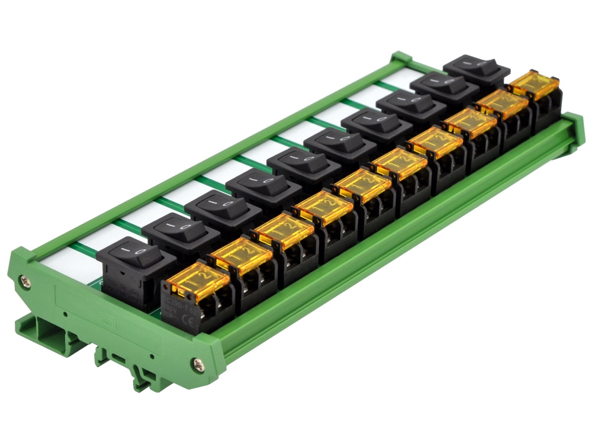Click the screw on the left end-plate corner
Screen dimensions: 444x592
24,281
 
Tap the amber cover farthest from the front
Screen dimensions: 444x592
532,83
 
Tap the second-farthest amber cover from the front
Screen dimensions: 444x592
501,102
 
